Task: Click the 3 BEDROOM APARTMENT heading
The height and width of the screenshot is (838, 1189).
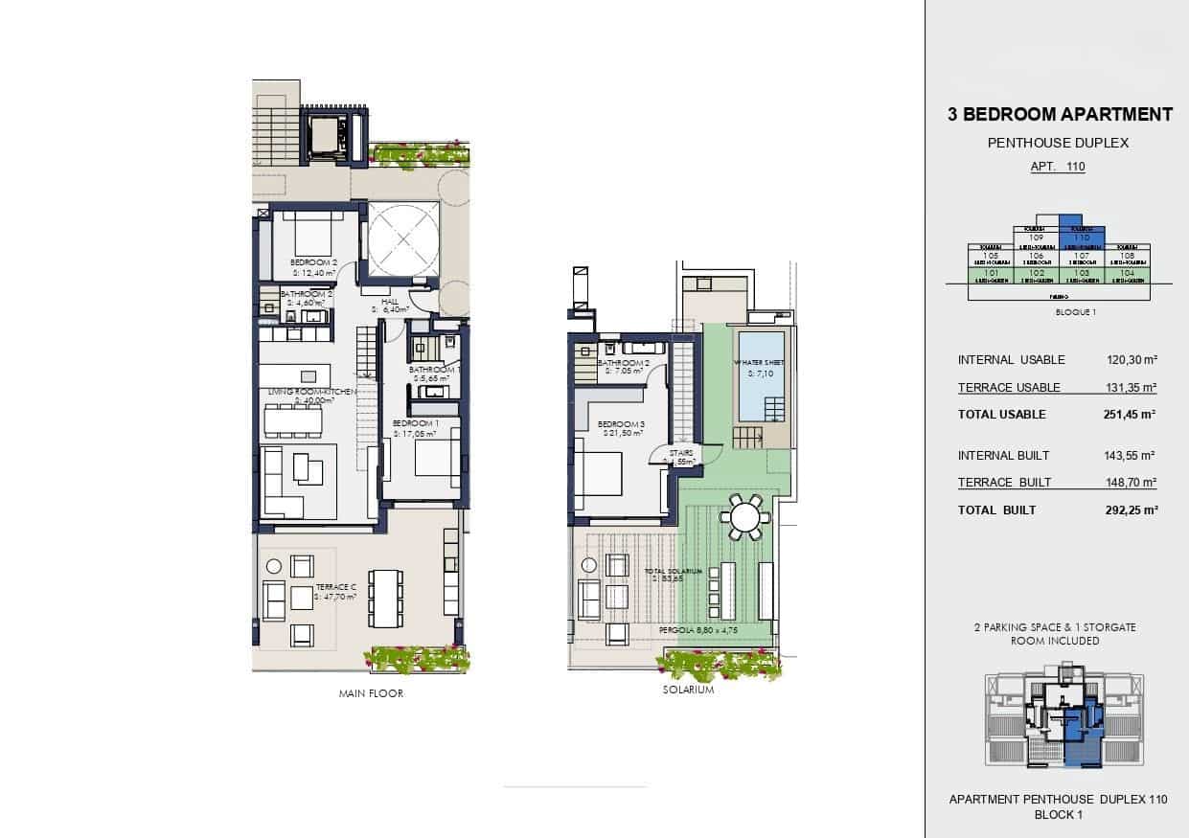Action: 1059,115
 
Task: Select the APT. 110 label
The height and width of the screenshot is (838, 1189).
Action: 1058,167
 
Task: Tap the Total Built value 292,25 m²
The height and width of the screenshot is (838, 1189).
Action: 1131,510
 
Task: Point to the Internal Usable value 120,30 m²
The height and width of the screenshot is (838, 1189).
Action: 1131,360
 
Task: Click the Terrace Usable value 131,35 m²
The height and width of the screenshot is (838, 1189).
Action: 1131,388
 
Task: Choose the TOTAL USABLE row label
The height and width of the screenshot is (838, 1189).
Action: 1001,415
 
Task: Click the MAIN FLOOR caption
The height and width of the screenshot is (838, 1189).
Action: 371,693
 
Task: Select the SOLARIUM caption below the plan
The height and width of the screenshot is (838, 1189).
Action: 688,690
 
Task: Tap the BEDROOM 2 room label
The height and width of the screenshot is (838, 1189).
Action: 313,261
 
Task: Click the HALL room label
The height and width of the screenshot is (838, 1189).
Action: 389,302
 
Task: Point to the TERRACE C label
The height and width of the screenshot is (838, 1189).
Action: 335,587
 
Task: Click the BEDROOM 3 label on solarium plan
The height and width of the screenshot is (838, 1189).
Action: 618,424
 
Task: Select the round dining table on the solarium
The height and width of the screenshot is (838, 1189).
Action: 744,518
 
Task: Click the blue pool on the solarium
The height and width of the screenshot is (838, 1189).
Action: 760,375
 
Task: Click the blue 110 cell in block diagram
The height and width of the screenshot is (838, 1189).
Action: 1082,237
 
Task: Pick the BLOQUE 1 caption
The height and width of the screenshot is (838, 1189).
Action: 1058,312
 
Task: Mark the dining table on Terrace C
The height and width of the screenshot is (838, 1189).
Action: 385,599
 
